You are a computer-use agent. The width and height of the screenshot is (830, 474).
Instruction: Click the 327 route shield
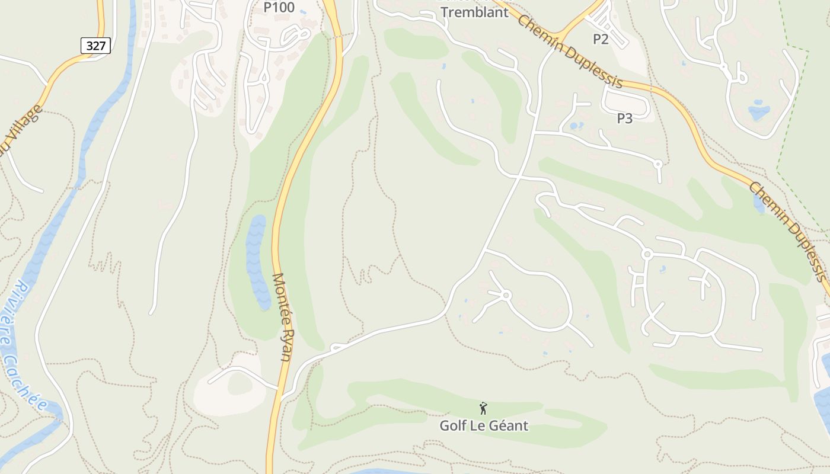click(x=95, y=45)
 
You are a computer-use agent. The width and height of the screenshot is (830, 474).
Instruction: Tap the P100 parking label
click(x=279, y=8)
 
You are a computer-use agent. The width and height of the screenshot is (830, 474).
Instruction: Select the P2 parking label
click(x=601, y=39)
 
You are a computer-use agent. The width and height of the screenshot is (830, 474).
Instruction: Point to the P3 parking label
click(x=624, y=118)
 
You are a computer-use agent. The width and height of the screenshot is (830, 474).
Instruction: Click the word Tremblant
click(x=474, y=12)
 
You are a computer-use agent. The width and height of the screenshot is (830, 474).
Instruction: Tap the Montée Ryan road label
click(x=283, y=317)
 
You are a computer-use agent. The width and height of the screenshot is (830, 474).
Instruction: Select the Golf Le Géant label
click(x=483, y=425)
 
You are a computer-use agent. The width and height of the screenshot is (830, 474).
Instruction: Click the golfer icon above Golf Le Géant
click(x=483, y=408)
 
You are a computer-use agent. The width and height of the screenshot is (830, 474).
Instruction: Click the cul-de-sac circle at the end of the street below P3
click(x=657, y=163)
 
